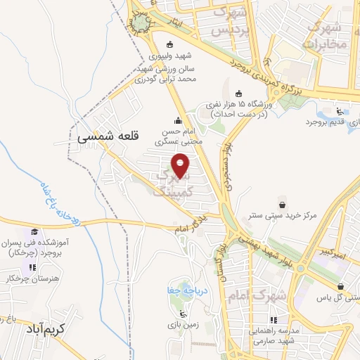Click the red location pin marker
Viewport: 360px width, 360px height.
point(181,166)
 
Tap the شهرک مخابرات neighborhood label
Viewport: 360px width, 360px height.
point(326,34)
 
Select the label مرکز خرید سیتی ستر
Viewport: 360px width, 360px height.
point(282,213)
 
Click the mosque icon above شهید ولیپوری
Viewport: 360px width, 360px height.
point(169,43)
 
